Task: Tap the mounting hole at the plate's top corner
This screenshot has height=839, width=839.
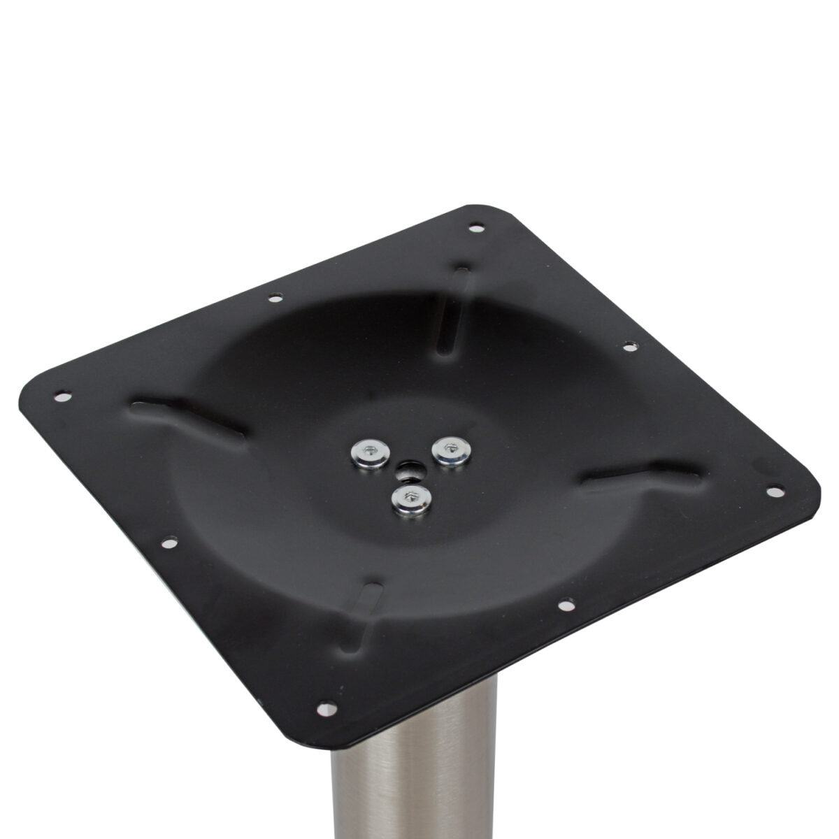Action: click(x=477, y=227)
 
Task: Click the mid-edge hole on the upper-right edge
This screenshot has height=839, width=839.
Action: click(x=629, y=345)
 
